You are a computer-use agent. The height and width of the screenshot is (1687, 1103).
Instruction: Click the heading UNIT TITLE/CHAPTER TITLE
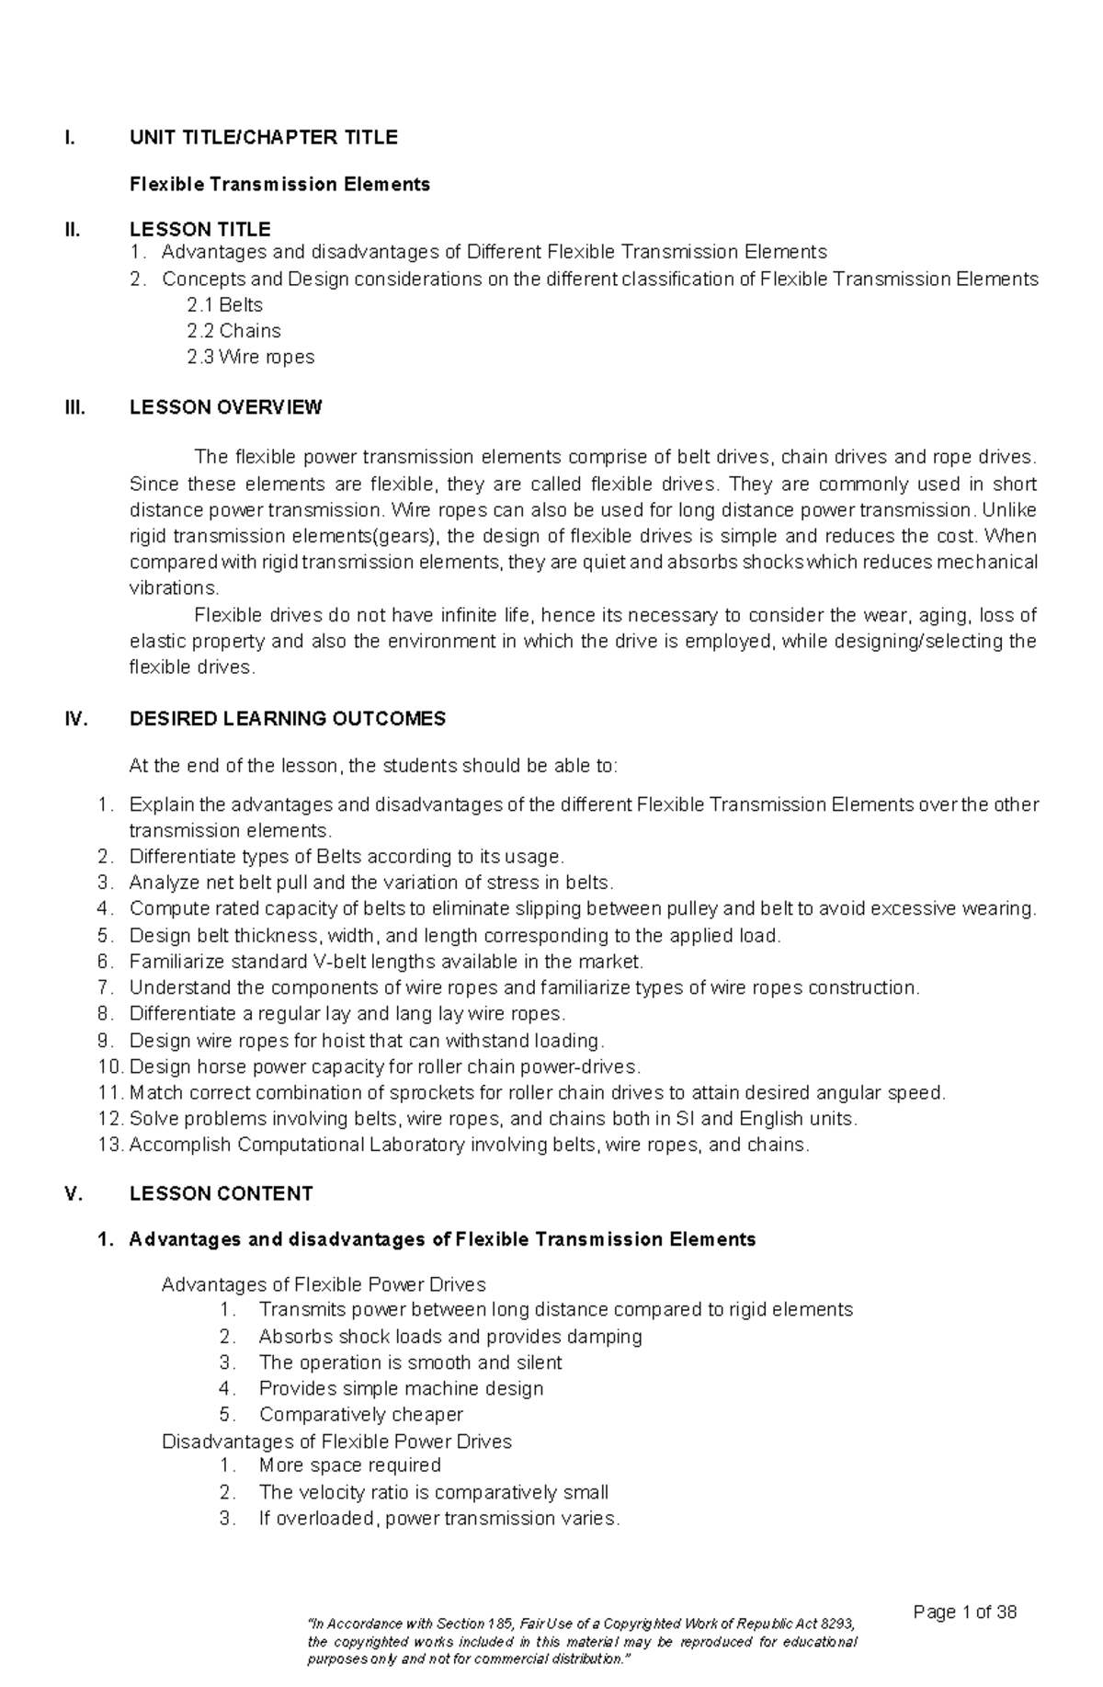coord(263,138)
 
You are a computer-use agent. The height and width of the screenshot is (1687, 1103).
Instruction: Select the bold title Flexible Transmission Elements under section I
coord(279,184)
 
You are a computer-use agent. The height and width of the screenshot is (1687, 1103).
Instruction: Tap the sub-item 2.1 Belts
coord(225,305)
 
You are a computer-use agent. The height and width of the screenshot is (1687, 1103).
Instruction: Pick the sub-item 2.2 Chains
coord(233,331)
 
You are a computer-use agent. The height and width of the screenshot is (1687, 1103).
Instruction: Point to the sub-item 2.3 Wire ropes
coord(251,357)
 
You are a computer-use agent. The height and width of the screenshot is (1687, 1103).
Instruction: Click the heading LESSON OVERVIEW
coord(225,407)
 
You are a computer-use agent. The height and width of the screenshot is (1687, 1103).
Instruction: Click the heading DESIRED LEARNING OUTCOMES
coord(287,719)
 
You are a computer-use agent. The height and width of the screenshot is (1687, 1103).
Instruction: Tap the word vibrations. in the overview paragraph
coord(175,588)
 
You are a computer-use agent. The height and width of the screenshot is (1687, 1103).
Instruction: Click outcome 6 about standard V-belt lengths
coord(386,962)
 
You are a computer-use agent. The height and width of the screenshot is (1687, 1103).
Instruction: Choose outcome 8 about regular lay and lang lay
coord(347,1014)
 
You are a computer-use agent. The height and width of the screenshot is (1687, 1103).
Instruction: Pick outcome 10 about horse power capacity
coord(384,1066)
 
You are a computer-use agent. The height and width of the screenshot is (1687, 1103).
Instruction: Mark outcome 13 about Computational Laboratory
coord(469,1145)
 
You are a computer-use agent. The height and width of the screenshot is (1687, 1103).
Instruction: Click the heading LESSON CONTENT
coord(221,1193)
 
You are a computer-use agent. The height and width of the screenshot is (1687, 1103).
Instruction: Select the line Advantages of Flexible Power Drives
coord(324,1284)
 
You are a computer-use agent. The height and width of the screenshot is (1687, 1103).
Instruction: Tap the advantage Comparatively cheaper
coord(360,1414)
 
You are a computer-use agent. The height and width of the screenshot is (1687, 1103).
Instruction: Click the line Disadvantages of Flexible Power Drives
coord(336,1441)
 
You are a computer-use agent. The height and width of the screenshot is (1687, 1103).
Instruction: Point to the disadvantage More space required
coord(349,1465)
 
